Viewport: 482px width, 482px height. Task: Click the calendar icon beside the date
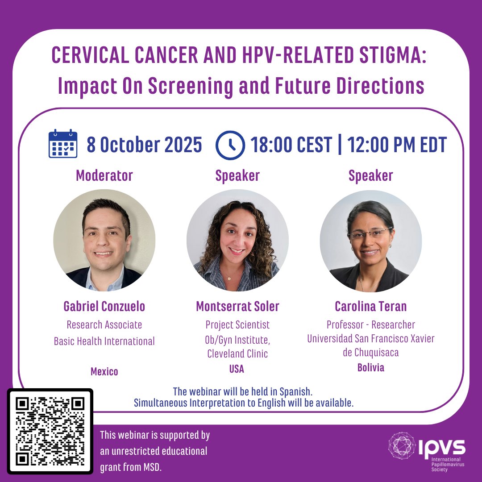tap(62, 144)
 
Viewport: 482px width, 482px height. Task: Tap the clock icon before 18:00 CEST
tap(230, 145)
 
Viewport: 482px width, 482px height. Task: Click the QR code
tap(50, 431)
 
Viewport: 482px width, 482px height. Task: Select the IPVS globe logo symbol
tap(402, 445)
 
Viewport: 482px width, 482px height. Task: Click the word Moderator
tap(104, 175)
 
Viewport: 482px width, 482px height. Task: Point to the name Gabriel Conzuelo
tap(104, 306)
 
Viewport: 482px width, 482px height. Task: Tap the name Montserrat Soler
tap(237, 306)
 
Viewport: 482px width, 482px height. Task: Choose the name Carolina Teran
tap(370, 306)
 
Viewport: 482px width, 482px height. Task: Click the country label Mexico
tap(104, 371)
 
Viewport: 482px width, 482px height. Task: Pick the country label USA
tap(237, 369)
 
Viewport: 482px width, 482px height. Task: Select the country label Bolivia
tap(370, 368)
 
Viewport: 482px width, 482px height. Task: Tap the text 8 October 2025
tap(144, 145)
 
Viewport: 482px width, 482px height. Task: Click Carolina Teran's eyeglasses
tap(370, 233)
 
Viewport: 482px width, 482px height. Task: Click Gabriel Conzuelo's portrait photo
tap(104, 240)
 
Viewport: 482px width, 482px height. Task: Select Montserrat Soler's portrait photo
tap(237, 240)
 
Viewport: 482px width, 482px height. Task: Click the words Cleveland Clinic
tap(237, 354)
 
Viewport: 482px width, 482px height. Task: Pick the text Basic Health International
tap(104, 341)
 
